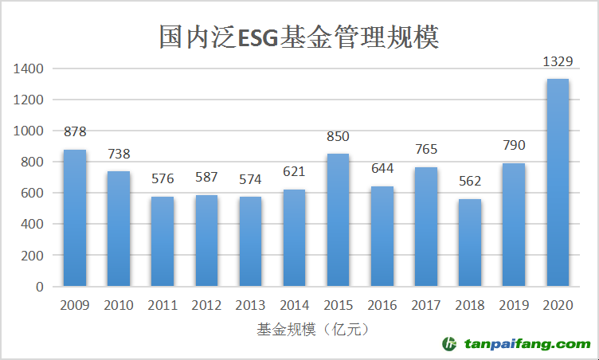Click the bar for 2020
pyautogui.click(x=558, y=182)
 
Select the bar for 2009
pyautogui.click(x=75, y=218)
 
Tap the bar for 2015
pyautogui.click(x=338, y=220)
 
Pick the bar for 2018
pyautogui.click(x=470, y=243)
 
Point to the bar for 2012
pyautogui.click(x=206, y=241)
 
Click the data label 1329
pyautogui.click(x=558, y=61)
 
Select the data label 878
pyautogui.click(x=75, y=131)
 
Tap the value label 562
pyautogui.click(x=470, y=181)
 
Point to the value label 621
pyautogui.click(x=294, y=171)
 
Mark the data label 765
pyautogui.click(x=426, y=149)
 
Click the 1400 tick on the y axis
pyautogui.click(x=28, y=69)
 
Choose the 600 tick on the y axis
pyautogui.click(x=32, y=194)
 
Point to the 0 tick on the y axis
pyautogui.click(x=39, y=287)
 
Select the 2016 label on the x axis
pyautogui.click(x=382, y=305)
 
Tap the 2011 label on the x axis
pyautogui.click(x=162, y=305)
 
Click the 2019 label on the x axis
pyautogui.click(x=514, y=305)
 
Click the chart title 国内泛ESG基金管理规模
pyautogui.click(x=299, y=37)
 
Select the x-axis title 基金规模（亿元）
pyautogui.click(x=315, y=328)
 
